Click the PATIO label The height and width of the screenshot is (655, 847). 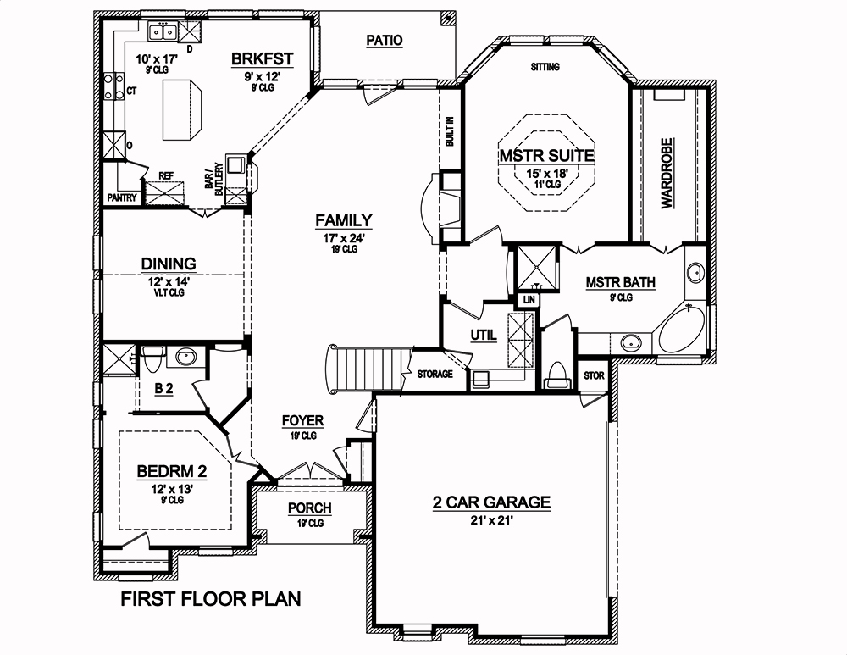pyautogui.click(x=384, y=40)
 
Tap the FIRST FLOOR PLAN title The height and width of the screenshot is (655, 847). pyautogui.click(x=210, y=600)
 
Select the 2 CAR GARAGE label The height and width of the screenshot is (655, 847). pyautogui.click(x=491, y=502)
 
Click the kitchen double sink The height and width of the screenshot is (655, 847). pyautogui.click(x=163, y=33)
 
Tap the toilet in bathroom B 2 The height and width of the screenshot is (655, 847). pyautogui.click(x=153, y=360)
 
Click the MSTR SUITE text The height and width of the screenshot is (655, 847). pyautogui.click(x=546, y=156)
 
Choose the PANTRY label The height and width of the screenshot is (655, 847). pyautogui.click(x=122, y=197)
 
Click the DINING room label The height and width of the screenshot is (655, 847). pyautogui.click(x=169, y=264)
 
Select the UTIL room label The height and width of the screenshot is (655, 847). pyautogui.click(x=483, y=336)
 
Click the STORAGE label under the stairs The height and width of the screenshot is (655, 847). pyautogui.click(x=435, y=374)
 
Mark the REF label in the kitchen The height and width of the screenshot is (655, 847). pyautogui.click(x=166, y=176)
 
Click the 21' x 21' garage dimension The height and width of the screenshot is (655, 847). pyautogui.click(x=490, y=520)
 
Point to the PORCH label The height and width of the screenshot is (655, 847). pyautogui.click(x=309, y=508)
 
